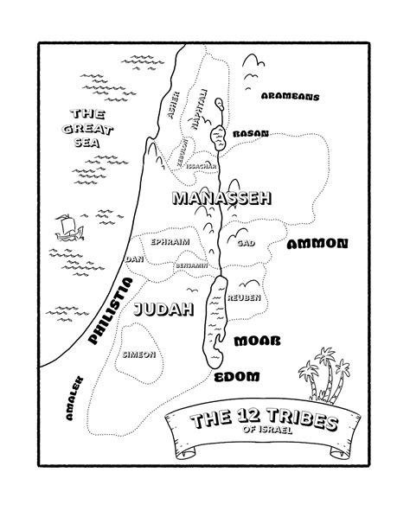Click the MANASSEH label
(x=221, y=199)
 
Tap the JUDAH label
(x=163, y=308)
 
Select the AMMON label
(x=317, y=244)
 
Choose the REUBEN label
(x=243, y=297)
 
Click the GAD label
(x=246, y=244)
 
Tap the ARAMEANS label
(x=290, y=98)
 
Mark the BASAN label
(x=251, y=134)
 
